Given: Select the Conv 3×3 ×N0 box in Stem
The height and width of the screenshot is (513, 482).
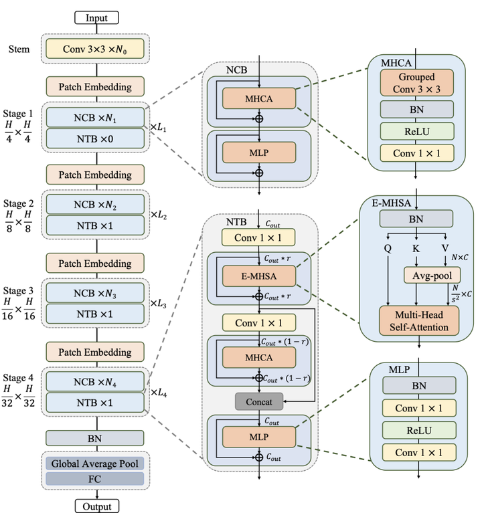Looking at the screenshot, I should click(x=95, y=48).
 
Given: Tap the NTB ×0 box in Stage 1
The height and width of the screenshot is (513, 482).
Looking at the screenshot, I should click(x=95, y=138).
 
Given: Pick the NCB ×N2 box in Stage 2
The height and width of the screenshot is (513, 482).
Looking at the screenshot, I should click(x=95, y=204).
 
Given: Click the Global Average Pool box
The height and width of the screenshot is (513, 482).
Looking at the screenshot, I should click(x=95, y=463).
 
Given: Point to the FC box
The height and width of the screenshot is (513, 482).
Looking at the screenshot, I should click(x=95, y=479).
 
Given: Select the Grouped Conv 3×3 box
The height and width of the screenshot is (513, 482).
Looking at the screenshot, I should click(x=417, y=82).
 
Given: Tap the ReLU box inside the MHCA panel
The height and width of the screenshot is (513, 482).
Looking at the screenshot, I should click(x=417, y=130).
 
